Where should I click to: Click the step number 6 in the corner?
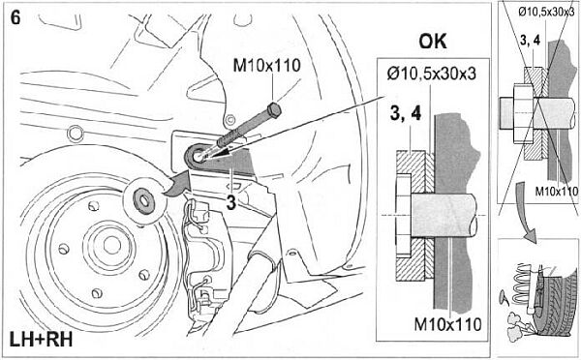(15, 17)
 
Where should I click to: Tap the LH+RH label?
(41, 340)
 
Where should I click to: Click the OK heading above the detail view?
(433, 42)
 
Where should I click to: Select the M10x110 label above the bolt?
(267, 65)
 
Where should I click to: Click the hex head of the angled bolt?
(274, 110)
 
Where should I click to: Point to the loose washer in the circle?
(143, 201)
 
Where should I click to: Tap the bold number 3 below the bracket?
(231, 202)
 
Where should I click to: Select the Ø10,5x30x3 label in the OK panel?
(431, 74)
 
